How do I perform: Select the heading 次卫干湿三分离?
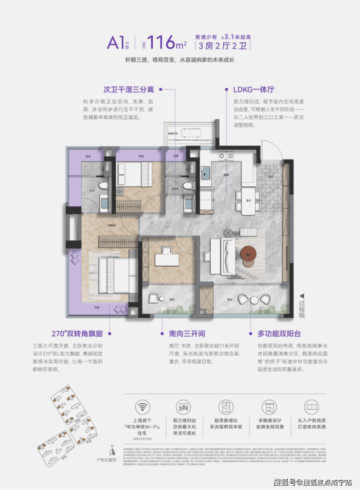click(x=128, y=90)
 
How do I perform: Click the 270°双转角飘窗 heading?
click(x=77, y=334)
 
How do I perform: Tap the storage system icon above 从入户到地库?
click(x=311, y=407)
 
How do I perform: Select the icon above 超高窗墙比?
click(x=226, y=407)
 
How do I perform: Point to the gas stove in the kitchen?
click(x=227, y=157)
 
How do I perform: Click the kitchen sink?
click(x=206, y=172)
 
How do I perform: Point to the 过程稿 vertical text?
click(x=302, y=306)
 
